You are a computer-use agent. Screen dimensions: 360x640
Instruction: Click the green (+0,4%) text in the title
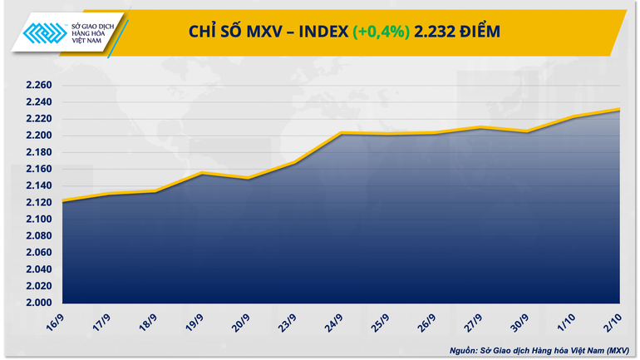tap(382, 32)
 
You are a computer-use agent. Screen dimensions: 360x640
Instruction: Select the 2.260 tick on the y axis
tap(39, 86)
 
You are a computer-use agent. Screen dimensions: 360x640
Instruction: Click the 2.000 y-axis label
tap(39, 303)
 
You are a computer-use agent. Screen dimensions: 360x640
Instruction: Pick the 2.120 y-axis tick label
tap(39, 202)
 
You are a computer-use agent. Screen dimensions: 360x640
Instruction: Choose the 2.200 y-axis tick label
tap(39, 136)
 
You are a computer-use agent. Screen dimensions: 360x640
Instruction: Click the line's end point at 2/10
tap(619, 109)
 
